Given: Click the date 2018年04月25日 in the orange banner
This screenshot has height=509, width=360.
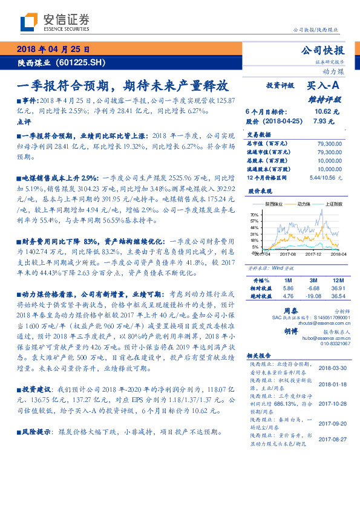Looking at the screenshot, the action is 53,50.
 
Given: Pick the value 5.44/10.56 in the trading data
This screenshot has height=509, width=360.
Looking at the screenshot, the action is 325,178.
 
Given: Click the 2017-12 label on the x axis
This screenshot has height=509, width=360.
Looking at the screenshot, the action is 312,254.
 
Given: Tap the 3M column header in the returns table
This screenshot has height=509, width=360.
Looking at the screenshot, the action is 313,280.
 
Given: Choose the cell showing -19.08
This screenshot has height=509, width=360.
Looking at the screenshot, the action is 313,296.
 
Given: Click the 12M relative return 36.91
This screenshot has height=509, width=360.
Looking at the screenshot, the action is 338,288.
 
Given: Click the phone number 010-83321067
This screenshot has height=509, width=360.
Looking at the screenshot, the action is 326,343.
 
